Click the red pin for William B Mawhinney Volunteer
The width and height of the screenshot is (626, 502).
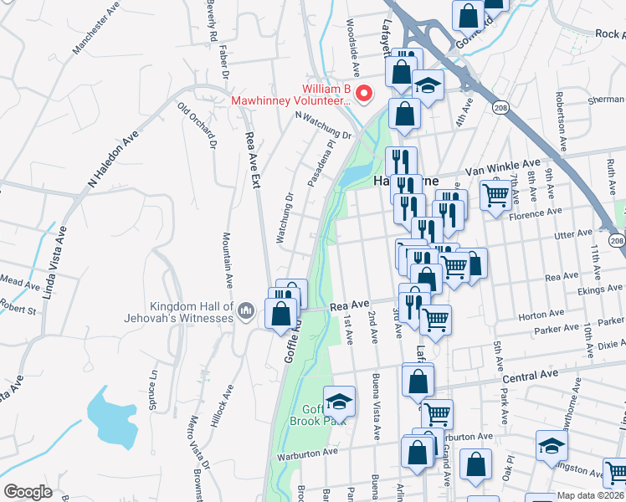363,93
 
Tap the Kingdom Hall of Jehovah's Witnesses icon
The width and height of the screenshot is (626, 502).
245,311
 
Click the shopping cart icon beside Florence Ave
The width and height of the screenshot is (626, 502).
495,196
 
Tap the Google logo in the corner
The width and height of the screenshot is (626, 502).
28,492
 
